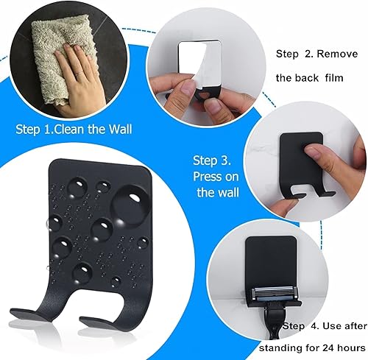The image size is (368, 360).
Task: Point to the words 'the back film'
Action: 310,77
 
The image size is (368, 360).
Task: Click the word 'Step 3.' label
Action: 212,160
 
